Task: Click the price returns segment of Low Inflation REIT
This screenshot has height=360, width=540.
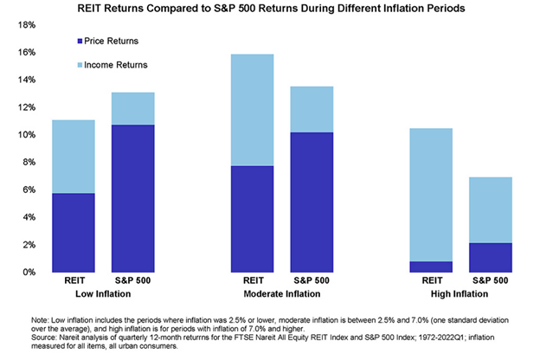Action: click(x=74, y=232)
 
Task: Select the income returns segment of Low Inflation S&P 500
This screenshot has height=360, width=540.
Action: click(x=132, y=108)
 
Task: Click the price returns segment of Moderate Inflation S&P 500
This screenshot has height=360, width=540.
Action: click(x=312, y=202)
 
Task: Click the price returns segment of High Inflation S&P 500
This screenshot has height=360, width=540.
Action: click(x=490, y=257)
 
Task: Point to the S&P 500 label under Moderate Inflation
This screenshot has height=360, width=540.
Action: click(x=312, y=281)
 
